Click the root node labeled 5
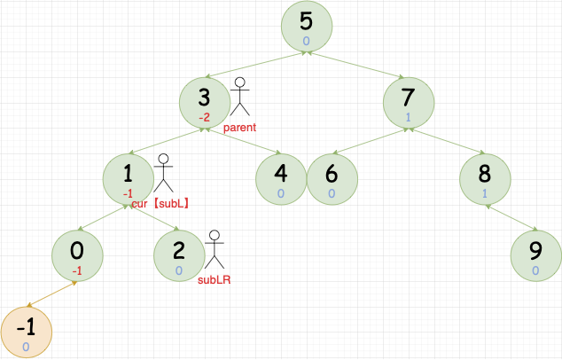pyautogui.click(x=306, y=28)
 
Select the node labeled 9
pyautogui.click(x=536, y=255)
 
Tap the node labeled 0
pyautogui.click(x=78, y=255)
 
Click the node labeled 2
pyautogui.click(x=179, y=255)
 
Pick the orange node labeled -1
pyautogui.click(x=27, y=331)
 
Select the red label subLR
pyautogui.click(x=214, y=281)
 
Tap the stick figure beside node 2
pyautogui.click(x=213, y=251)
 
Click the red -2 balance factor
pyautogui.click(x=205, y=117)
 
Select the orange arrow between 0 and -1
pyautogui.click(x=52, y=293)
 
